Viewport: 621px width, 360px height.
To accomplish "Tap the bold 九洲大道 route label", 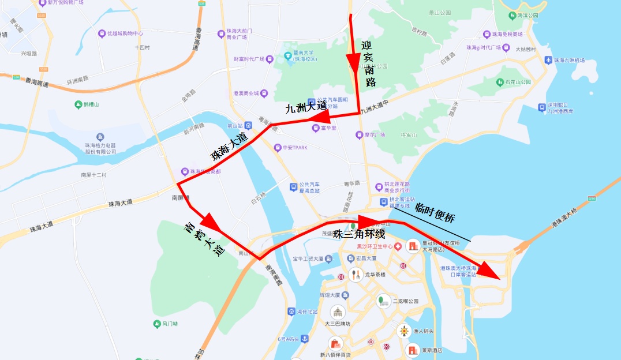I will [x=305, y=107].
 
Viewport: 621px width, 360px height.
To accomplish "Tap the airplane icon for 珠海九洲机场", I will [x=548, y=60].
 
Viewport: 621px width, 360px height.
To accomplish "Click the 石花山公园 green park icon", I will [x=499, y=82].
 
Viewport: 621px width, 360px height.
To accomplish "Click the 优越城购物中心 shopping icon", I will [x=102, y=33].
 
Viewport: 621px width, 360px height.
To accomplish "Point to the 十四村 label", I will [x=142, y=48].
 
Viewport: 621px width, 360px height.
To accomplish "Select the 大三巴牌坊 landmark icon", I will [x=337, y=312].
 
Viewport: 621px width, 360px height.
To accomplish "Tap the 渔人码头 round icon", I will [x=404, y=331].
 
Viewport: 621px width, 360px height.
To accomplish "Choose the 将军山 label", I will [x=409, y=135].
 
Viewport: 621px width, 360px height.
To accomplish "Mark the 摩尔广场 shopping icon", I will [x=358, y=135].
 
